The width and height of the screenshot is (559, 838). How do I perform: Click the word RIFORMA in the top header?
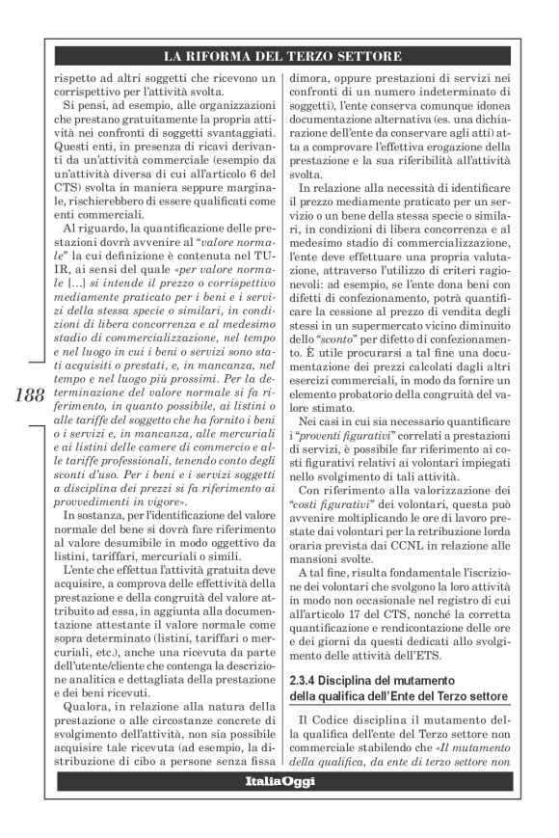point(224,56)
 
